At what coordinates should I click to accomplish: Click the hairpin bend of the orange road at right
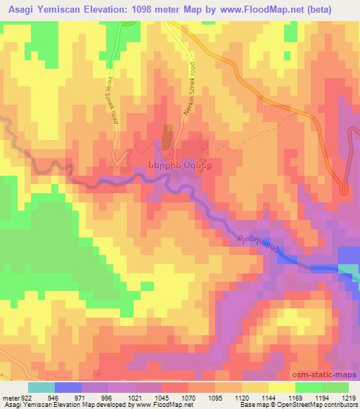[344, 188]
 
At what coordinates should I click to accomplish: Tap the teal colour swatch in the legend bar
[41, 387]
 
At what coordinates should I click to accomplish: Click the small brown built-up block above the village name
[168, 136]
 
